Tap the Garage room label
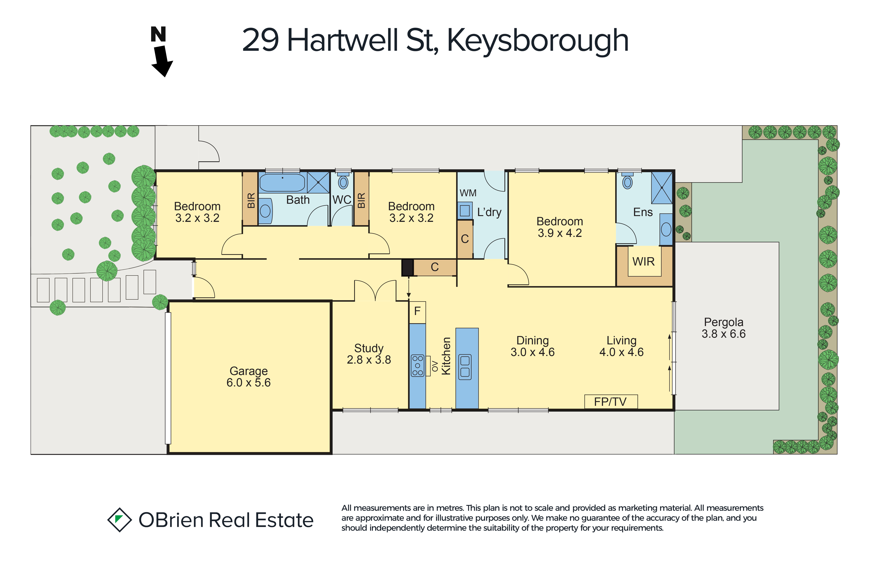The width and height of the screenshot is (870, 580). coord(248,371)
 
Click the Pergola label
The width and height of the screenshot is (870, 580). coord(724,322)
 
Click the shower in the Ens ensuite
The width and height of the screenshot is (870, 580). coord(662,188)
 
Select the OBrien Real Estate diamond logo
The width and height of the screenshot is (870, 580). coord(119,520)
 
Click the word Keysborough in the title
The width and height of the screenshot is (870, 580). coord(538,41)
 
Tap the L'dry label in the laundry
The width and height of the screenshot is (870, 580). coord(489,212)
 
